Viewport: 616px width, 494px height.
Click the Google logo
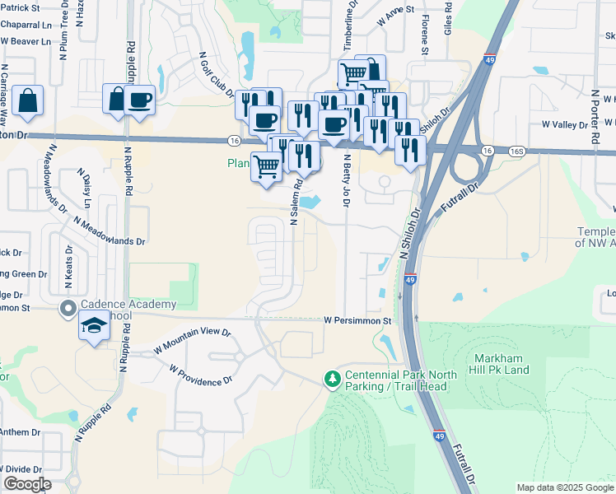tap(27, 484)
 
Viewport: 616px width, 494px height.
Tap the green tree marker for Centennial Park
tap(333, 379)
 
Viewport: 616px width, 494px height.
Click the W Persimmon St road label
tap(356, 319)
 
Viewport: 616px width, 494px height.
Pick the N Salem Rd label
tap(294, 203)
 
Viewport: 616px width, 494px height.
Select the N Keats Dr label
tap(69, 268)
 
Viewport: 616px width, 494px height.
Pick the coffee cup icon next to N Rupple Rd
tap(140, 100)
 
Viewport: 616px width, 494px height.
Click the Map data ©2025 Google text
tap(564, 487)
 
